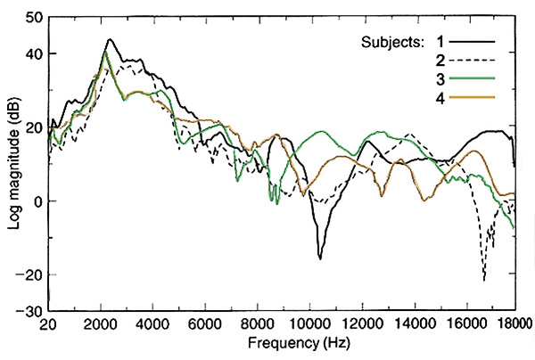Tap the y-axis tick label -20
tap(29, 274)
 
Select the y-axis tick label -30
tap(29, 311)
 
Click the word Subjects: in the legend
tap(391, 42)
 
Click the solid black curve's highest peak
tap(109, 39)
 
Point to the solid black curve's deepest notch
tap(319, 258)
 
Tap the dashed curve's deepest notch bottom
tap(484, 280)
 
